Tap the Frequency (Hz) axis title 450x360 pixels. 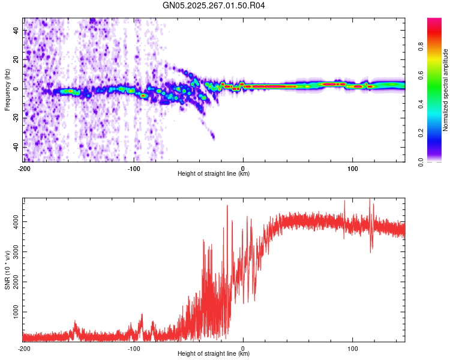(7, 90)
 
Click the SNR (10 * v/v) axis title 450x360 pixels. (7, 270)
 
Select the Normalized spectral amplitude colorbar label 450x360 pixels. (446, 90)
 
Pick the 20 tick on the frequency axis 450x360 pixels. (16, 59)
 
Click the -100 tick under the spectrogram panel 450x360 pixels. (133, 167)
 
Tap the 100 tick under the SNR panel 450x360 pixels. (353, 347)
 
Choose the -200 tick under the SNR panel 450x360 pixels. (24, 347)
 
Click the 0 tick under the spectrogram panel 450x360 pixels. (243, 167)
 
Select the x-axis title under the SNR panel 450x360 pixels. (214, 354)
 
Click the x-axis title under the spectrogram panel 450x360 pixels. (214, 174)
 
